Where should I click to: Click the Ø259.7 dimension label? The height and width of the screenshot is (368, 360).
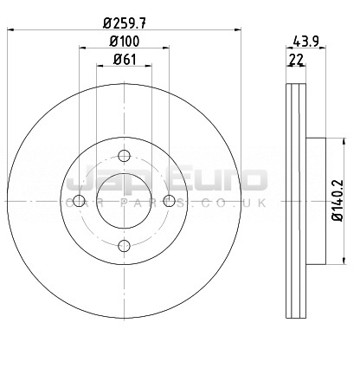[125, 23]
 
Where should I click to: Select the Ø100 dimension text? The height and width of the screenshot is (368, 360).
[125, 42]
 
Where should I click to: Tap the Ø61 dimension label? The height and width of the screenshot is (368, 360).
[125, 60]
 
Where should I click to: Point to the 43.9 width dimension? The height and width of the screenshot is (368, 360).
[305, 42]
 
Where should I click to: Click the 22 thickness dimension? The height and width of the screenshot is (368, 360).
[296, 60]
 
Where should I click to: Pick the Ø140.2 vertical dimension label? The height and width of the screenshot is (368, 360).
[337, 201]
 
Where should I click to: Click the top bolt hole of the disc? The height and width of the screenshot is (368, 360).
[125, 156]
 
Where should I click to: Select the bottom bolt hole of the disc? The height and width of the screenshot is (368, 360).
[125, 246]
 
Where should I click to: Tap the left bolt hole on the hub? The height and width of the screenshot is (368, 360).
[79, 201]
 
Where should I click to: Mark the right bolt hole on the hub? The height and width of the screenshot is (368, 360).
[169, 201]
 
